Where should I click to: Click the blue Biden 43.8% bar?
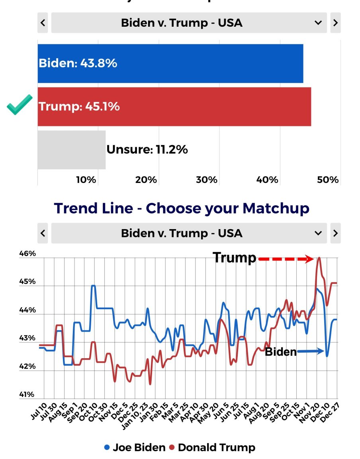tap(170, 63)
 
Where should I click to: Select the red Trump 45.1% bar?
tap(174, 107)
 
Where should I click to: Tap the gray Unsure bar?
tap(72, 150)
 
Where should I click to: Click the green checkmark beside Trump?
tap(20, 105)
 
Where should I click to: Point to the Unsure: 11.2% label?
tap(147, 150)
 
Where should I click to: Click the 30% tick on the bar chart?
tap(206, 180)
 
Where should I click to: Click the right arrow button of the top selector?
tap(335, 23)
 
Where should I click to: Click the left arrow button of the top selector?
tap(43, 23)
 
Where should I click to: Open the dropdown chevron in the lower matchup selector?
tap(318, 233)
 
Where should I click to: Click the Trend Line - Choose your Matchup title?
tap(182, 208)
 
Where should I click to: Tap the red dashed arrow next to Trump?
tap(286, 259)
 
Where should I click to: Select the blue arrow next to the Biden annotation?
tap(311, 351)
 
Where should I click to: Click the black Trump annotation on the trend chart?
tap(235, 258)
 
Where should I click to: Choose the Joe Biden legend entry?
tap(135, 447)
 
